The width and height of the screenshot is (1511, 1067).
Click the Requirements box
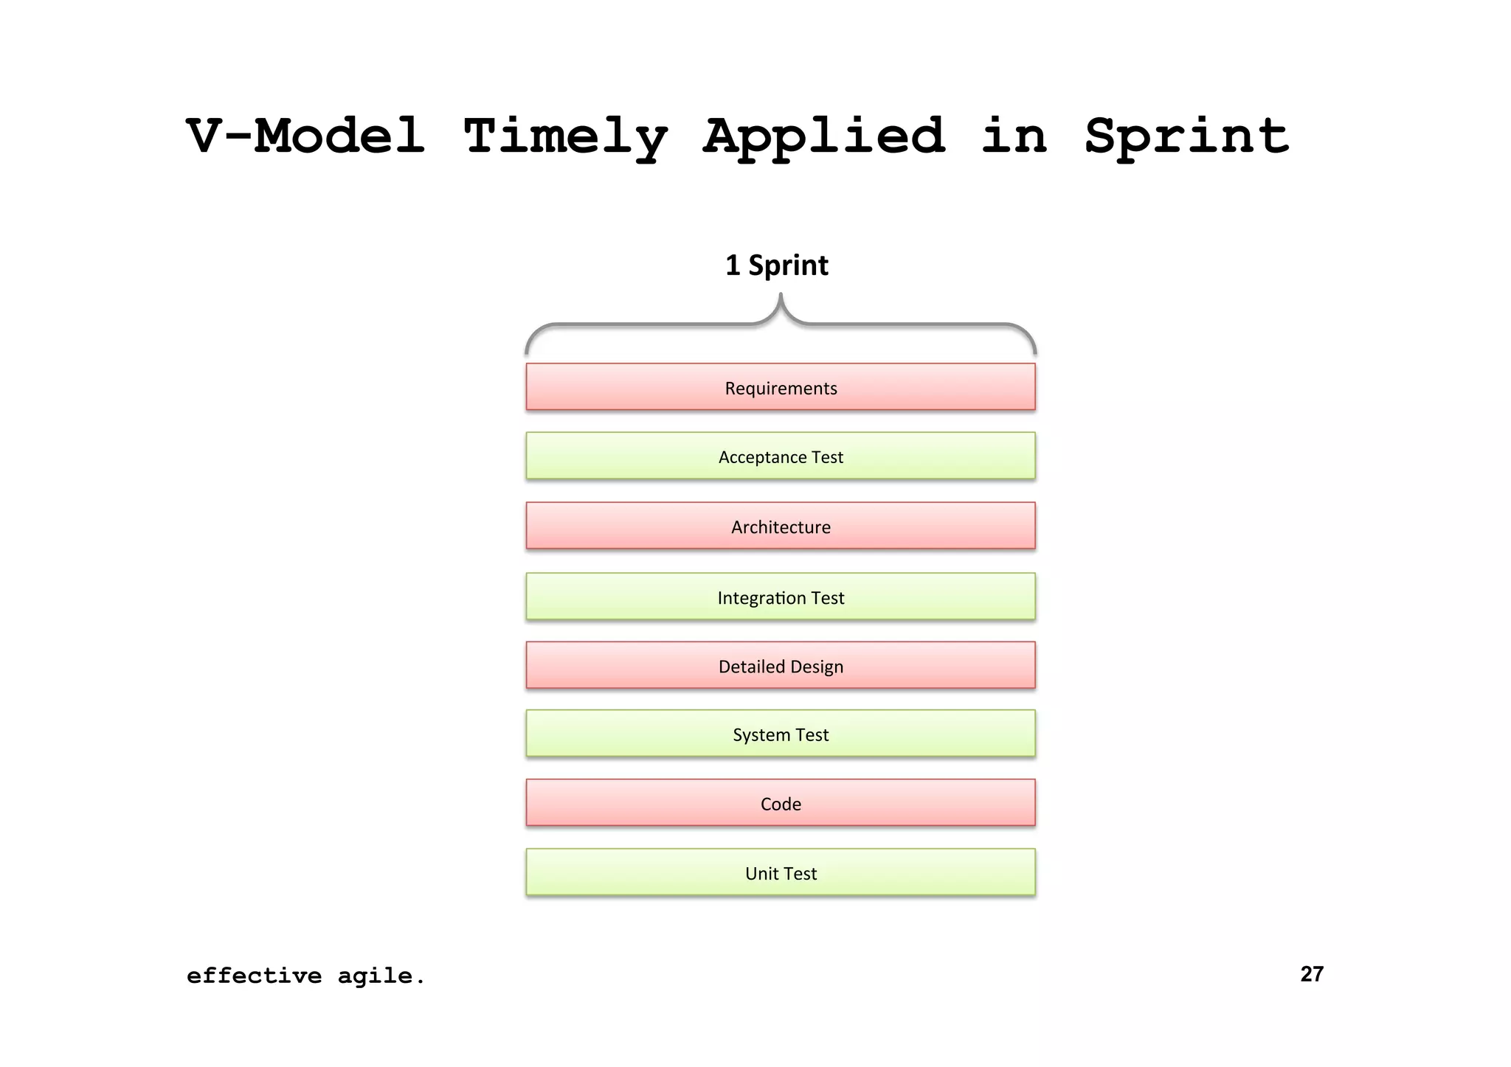click(781, 387)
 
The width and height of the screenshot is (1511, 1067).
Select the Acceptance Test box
click(781, 456)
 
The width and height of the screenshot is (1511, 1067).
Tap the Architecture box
click(781, 526)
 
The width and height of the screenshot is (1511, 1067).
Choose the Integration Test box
click(781, 597)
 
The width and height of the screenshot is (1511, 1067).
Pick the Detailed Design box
click(781, 666)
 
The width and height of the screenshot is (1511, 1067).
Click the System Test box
click(781, 734)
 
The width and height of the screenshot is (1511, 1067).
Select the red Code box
click(781, 803)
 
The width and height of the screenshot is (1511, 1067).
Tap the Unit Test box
click(781, 873)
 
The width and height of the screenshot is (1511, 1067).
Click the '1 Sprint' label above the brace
click(777, 265)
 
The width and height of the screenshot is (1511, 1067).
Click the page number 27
click(1312, 974)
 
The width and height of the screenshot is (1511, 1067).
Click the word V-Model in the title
click(305, 136)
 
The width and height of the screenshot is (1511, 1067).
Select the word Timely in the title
click(565, 138)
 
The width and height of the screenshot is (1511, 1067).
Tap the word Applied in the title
click(824, 138)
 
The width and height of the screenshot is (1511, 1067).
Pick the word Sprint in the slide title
click(1186, 136)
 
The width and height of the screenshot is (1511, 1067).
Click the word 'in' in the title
click(1014, 136)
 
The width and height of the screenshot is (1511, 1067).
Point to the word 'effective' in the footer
click(254, 976)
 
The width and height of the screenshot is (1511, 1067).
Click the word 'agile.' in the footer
click(381, 976)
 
